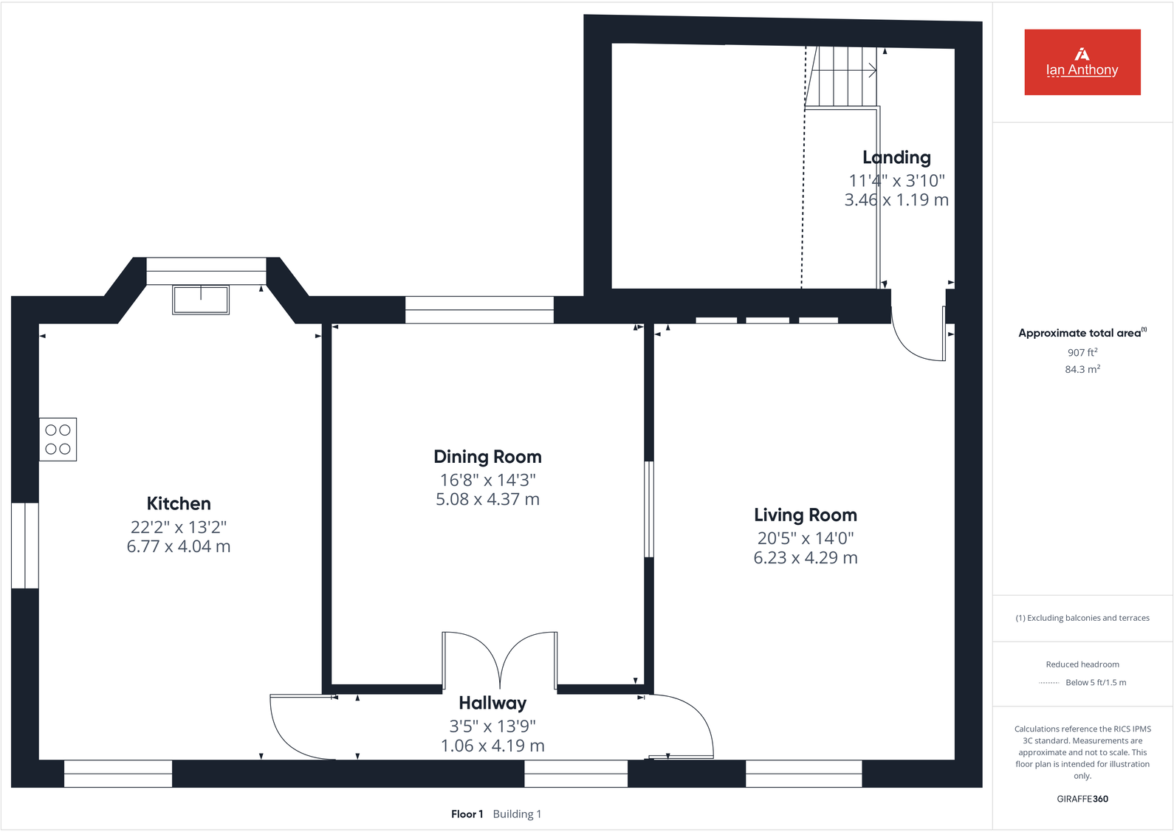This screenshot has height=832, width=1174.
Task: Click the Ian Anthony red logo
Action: coord(1082,62)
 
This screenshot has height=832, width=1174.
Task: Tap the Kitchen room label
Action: coord(179,503)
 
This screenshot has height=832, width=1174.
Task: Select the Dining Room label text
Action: coord(487,457)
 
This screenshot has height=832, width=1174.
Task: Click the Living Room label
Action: coord(805,515)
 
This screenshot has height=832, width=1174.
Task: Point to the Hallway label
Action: coord(492,703)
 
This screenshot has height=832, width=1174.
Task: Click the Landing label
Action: coord(896,157)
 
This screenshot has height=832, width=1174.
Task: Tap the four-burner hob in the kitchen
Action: coord(58,439)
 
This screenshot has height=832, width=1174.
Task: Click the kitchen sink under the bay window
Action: coord(201,300)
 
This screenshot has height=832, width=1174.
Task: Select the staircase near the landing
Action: coord(842,76)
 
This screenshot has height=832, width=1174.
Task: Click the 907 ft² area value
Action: coord(1082,353)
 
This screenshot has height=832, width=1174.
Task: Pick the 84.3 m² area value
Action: coord(1082,369)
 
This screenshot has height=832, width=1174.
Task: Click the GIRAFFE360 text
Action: coord(1082,799)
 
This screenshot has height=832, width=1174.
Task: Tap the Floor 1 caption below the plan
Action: coord(467,814)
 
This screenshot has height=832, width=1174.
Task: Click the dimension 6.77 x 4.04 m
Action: coord(179,546)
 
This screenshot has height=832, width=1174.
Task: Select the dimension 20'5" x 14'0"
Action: coord(805,538)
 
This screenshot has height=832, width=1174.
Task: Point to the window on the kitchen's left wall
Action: coord(25,546)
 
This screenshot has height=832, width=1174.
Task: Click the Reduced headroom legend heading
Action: coord(1082,664)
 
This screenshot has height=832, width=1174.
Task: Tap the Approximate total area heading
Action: coord(1079,333)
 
